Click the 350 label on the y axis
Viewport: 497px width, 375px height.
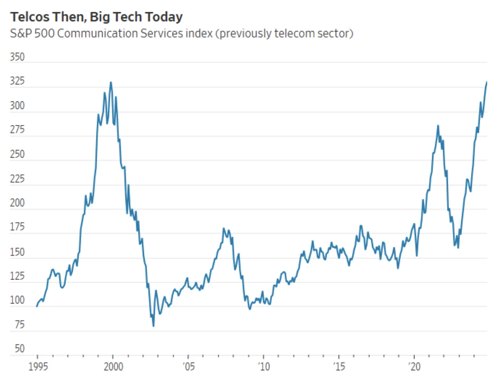tap(17, 57)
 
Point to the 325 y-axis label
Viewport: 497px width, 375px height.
tap(17, 81)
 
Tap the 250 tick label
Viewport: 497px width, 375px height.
tap(17, 154)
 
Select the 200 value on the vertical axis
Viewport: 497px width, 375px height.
tap(17, 203)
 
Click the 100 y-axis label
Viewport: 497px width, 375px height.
tap(17, 300)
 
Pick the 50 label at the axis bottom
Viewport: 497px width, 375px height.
tap(19, 349)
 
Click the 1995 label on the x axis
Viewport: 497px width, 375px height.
tap(38, 367)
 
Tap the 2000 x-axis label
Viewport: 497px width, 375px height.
tap(113, 367)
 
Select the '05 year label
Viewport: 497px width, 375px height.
tap(189, 367)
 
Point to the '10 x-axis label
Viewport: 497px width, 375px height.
tap(264, 367)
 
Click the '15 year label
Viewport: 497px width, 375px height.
tap(339, 367)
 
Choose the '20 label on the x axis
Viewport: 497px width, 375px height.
tap(414, 367)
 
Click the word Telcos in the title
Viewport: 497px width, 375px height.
tap(30, 17)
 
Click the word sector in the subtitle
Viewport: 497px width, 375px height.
tap(334, 33)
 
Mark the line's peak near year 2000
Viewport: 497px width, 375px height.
tap(111, 82)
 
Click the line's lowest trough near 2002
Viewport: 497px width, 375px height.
tap(153, 326)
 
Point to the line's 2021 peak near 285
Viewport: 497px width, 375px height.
tap(438, 126)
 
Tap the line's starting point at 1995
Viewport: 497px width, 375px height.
tap(37, 306)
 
